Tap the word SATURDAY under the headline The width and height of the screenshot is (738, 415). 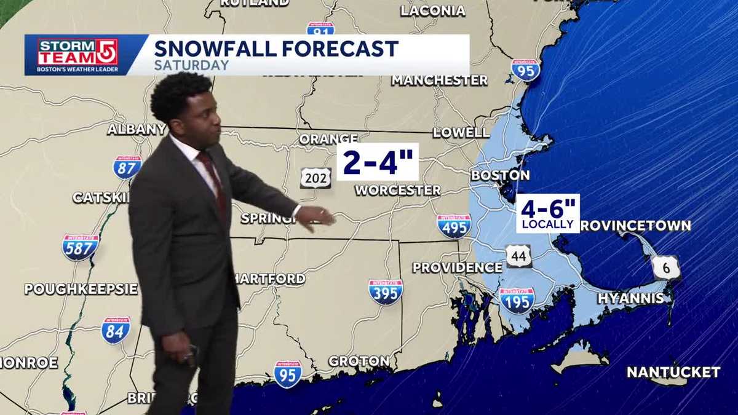(191, 65)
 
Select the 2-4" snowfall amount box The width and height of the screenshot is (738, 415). (378, 162)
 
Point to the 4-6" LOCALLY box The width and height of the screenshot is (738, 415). (547, 213)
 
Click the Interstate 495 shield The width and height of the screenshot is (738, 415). (454, 226)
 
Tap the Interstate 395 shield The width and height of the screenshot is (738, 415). (386, 292)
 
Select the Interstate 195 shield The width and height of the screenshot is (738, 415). (517, 301)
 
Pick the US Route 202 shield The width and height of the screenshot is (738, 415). (315, 178)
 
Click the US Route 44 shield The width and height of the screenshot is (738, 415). (519, 255)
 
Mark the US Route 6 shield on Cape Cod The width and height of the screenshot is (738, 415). (667, 267)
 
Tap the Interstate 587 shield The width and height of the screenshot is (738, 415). (80, 247)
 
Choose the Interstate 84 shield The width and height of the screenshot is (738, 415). (116, 330)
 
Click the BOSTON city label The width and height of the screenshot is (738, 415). (500, 175)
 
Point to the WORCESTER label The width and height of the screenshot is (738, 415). (397, 191)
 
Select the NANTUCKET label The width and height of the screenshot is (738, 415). (673, 372)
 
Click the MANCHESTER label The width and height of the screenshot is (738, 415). (439, 80)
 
